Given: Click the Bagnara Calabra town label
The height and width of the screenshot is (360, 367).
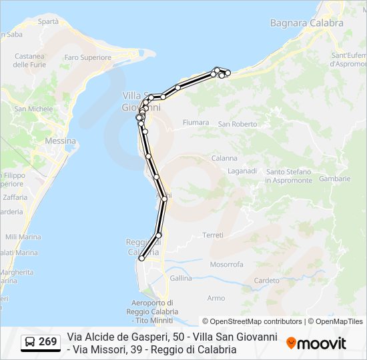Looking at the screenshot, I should (306, 23).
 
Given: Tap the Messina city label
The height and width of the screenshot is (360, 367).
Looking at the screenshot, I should (60, 141).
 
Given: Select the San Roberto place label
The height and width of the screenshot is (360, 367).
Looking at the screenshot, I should (237, 124).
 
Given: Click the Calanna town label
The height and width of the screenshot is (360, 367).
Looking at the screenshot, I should (224, 158).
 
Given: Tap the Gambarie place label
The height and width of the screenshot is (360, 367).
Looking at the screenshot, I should (334, 179).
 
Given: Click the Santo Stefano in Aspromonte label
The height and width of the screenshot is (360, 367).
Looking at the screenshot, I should (288, 176).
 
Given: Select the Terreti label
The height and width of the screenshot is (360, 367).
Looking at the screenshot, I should (213, 235).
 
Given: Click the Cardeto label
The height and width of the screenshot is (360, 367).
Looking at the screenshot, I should (267, 281).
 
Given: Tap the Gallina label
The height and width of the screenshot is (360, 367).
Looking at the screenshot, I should (180, 278).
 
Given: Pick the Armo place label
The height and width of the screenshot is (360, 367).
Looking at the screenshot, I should (216, 298).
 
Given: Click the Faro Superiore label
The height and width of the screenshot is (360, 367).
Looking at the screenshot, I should (87, 58).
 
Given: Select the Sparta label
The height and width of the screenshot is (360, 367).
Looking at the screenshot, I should (48, 21).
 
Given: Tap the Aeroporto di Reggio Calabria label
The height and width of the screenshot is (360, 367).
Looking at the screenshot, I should (151, 307).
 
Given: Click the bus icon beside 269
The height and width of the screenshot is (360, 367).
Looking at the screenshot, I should (30, 342).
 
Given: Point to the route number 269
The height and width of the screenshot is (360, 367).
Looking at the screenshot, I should (47, 342).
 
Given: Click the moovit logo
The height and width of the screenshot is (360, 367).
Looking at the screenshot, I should (316, 343).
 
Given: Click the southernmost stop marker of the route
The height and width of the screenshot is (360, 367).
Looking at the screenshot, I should (141, 259).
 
